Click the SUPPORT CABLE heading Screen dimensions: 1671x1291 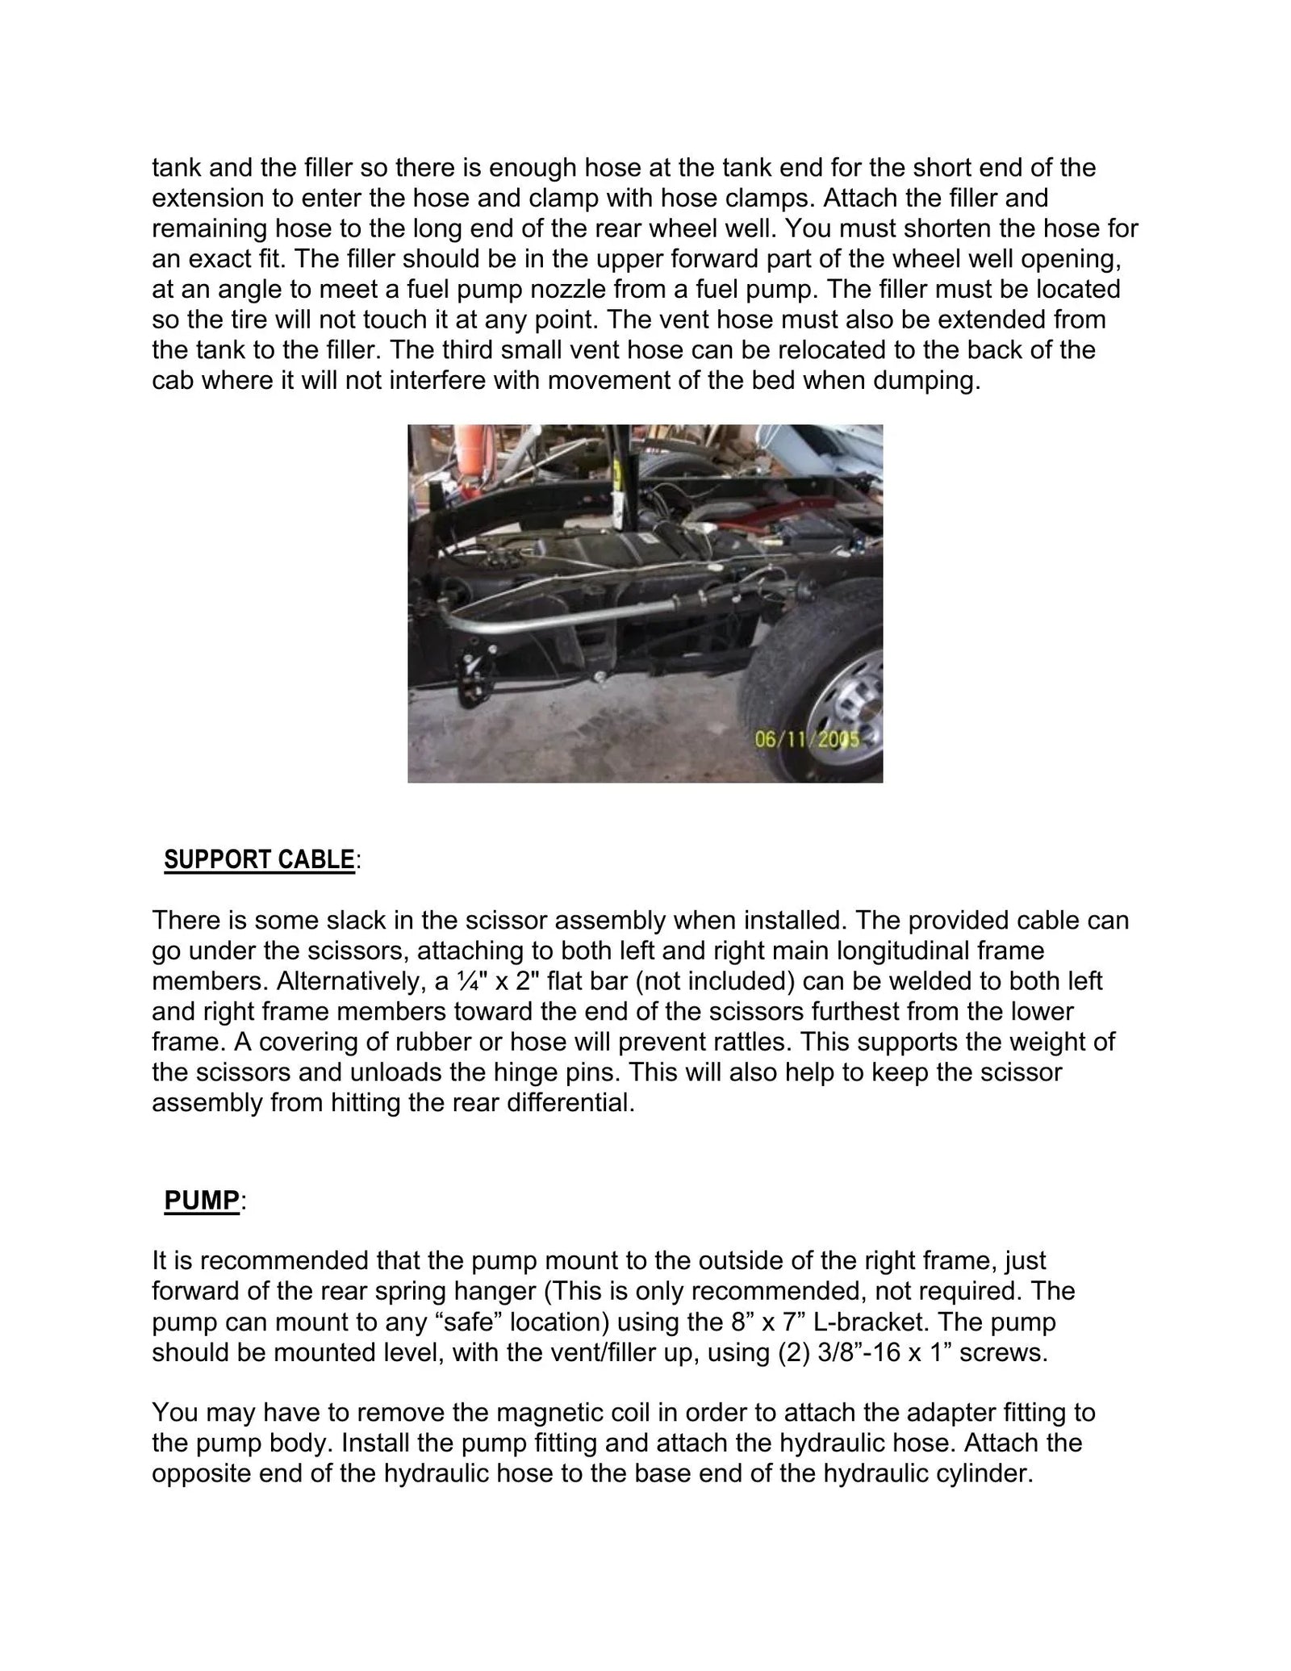pos(259,860)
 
